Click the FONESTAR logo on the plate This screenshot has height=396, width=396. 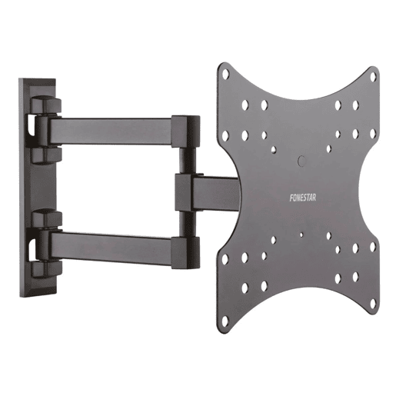point(302,198)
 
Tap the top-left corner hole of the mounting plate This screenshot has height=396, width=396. point(225,75)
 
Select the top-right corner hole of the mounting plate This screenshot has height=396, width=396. point(373,77)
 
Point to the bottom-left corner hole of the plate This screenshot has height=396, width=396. point(225,321)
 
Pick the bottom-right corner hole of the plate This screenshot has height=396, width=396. point(373,304)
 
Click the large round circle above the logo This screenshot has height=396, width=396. point(301,161)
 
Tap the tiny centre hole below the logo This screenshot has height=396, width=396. point(301,235)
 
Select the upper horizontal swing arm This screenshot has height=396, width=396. point(111,131)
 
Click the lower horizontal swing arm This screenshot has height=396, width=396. point(111,248)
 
